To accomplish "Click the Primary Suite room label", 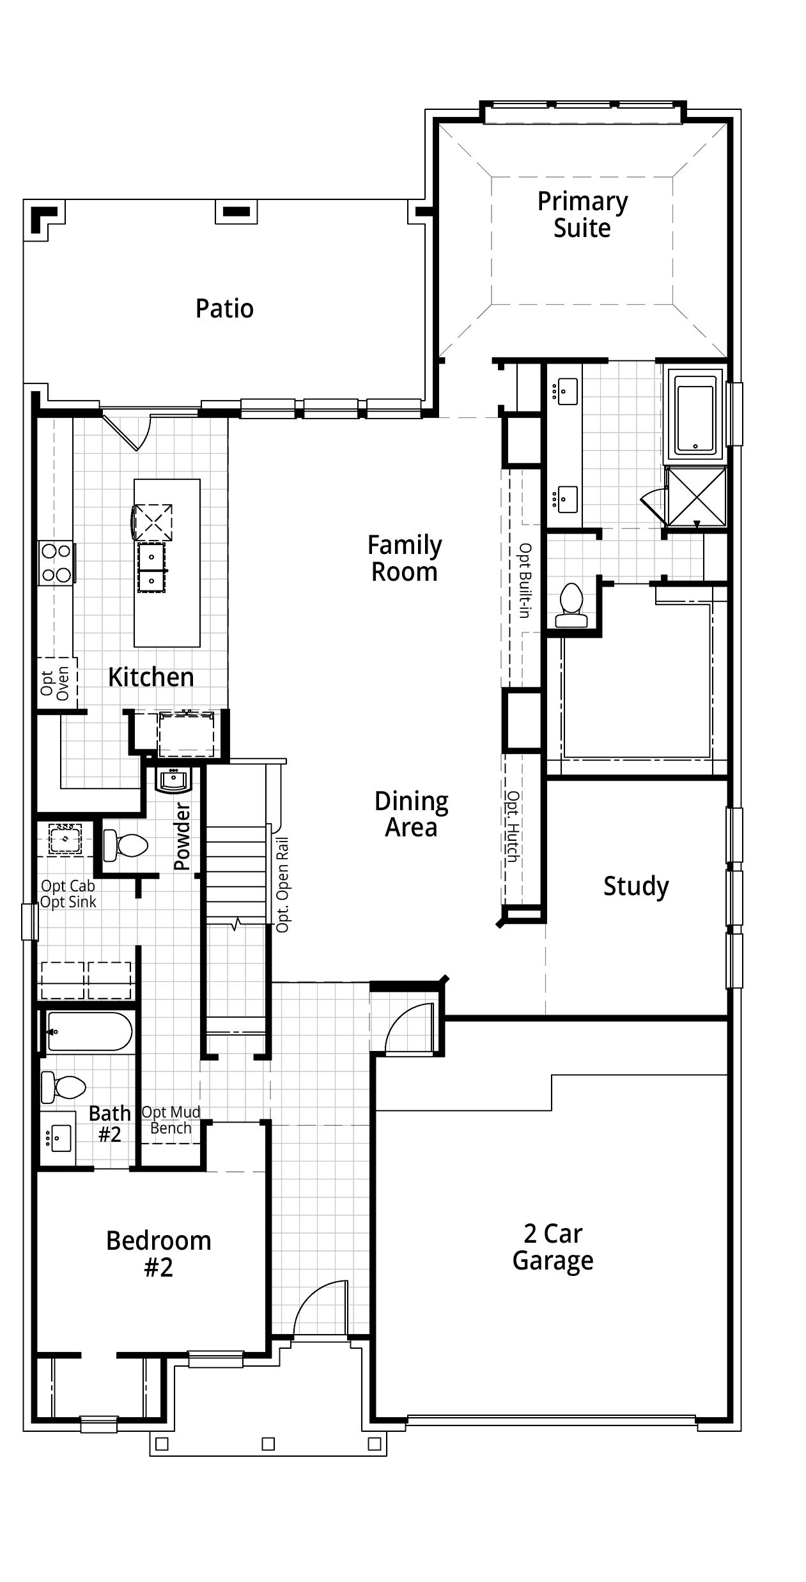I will point(582,215).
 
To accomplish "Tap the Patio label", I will point(224,309).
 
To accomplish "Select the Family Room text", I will point(404,558).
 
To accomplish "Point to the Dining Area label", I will point(411,814).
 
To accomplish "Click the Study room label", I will point(636,886).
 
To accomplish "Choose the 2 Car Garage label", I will point(552,1247).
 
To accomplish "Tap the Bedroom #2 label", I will point(159,1254).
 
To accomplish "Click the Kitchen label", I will point(151,677).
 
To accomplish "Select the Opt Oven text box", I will point(56,683).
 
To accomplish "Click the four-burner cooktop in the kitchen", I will point(55,563).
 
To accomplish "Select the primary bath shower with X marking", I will point(696,497).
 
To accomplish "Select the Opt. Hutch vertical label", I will point(513,827).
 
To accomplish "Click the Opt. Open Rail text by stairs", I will point(283,885).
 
